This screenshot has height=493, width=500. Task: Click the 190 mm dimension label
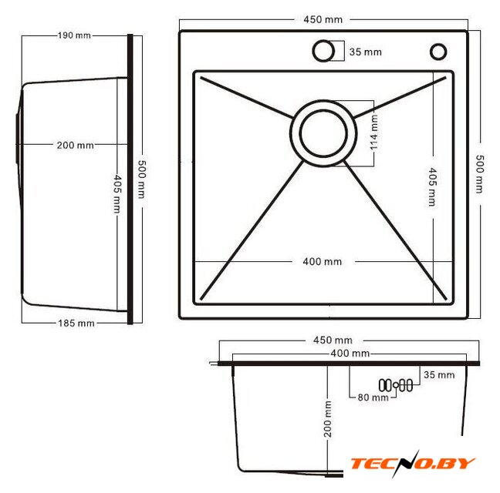coord(74,35)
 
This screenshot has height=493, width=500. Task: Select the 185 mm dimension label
coord(76,324)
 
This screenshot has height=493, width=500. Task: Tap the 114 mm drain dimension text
coord(373,132)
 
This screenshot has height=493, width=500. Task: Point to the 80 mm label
coord(373,397)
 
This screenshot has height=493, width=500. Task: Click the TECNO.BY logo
coord(413,464)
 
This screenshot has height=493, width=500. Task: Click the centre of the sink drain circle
coord(323,133)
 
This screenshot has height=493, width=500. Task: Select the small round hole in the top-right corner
coord(438,52)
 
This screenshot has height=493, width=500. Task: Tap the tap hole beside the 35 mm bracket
coord(323,51)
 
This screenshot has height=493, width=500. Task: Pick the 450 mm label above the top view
coord(323,20)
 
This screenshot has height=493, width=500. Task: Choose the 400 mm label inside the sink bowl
coord(322,262)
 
